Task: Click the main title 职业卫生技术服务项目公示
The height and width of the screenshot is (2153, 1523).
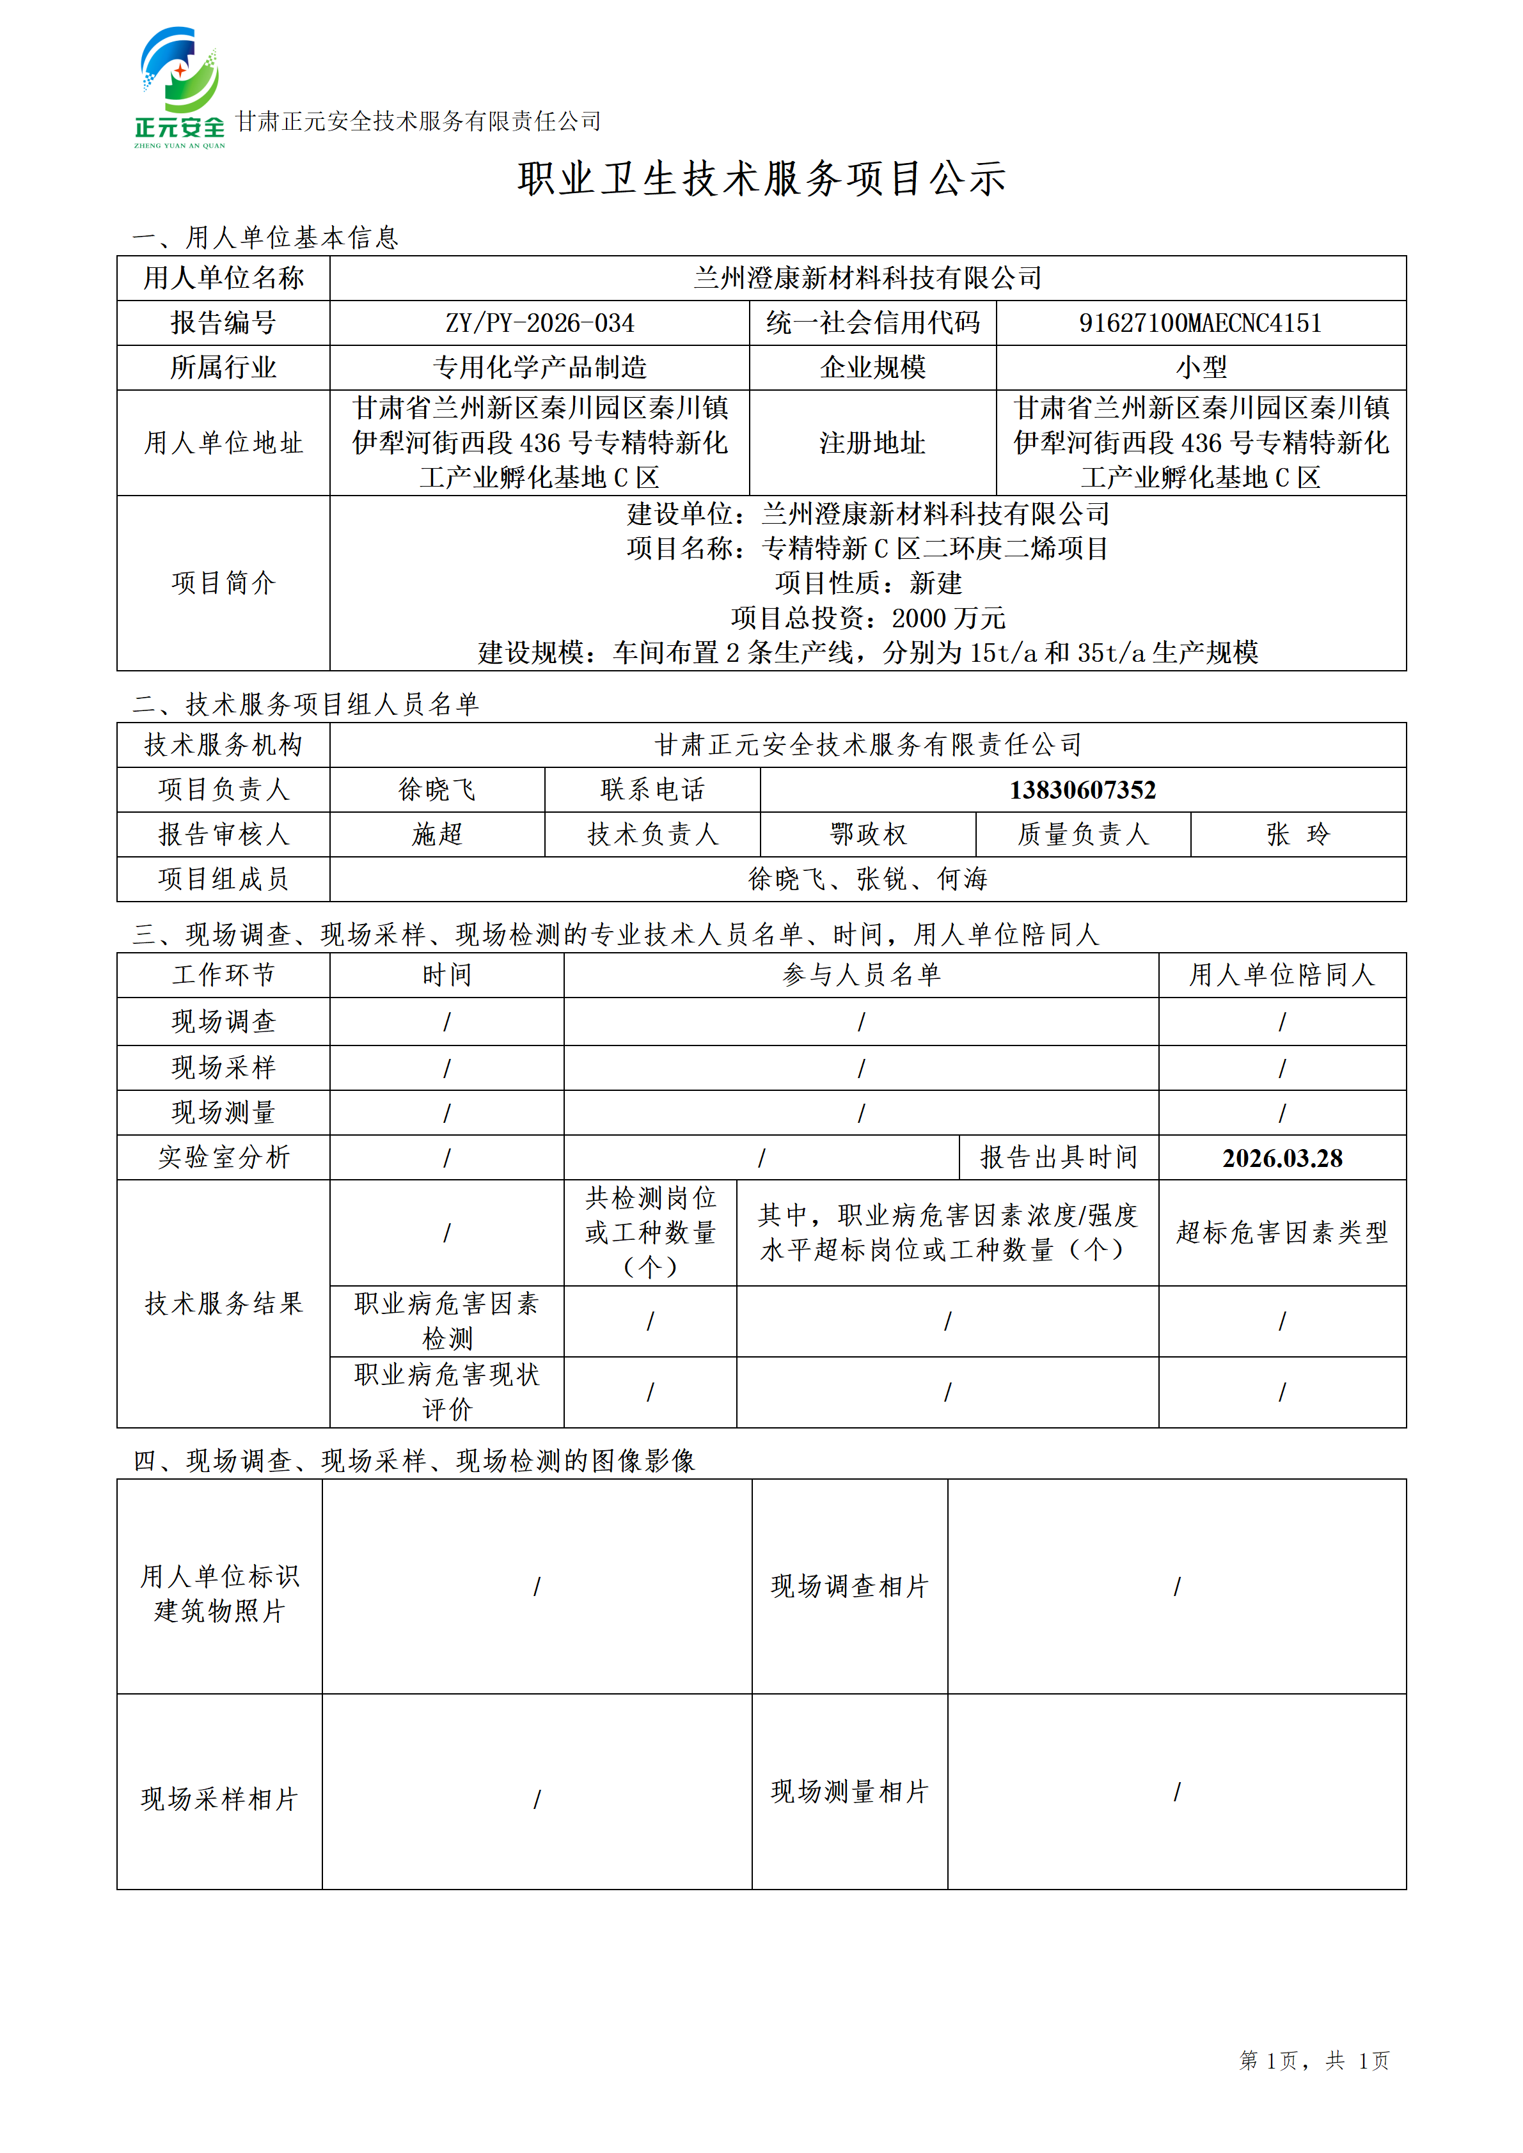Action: tap(761, 178)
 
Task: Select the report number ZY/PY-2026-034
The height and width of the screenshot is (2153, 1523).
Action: tap(539, 324)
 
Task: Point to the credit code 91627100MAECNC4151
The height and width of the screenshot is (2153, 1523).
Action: tap(1201, 324)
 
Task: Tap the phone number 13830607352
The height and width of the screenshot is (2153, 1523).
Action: tap(1082, 790)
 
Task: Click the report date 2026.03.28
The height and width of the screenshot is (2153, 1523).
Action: tap(1282, 1158)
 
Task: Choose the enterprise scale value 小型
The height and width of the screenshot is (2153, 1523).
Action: tap(1201, 368)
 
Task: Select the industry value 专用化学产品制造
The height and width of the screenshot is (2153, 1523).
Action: tap(539, 368)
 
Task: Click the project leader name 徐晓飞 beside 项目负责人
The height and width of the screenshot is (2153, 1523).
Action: tap(437, 790)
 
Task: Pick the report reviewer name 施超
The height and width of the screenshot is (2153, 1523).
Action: tap(437, 834)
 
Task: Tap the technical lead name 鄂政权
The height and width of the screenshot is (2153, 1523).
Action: tap(867, 834)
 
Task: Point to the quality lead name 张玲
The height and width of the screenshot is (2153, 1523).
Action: tap(1298, 834)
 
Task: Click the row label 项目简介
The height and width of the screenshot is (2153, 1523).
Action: tap(223, 583)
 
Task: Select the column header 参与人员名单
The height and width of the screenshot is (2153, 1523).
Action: tap(861, 975)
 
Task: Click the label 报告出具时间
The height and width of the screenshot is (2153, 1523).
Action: tap(1059, 1158)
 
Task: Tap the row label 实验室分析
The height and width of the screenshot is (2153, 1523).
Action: tap(223, 1158)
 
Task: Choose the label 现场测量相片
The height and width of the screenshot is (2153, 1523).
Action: tap(849, 1792)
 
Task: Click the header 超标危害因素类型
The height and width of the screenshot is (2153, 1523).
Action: tap(1282, 1232)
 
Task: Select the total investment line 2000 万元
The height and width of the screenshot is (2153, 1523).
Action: tap(867, 618)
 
